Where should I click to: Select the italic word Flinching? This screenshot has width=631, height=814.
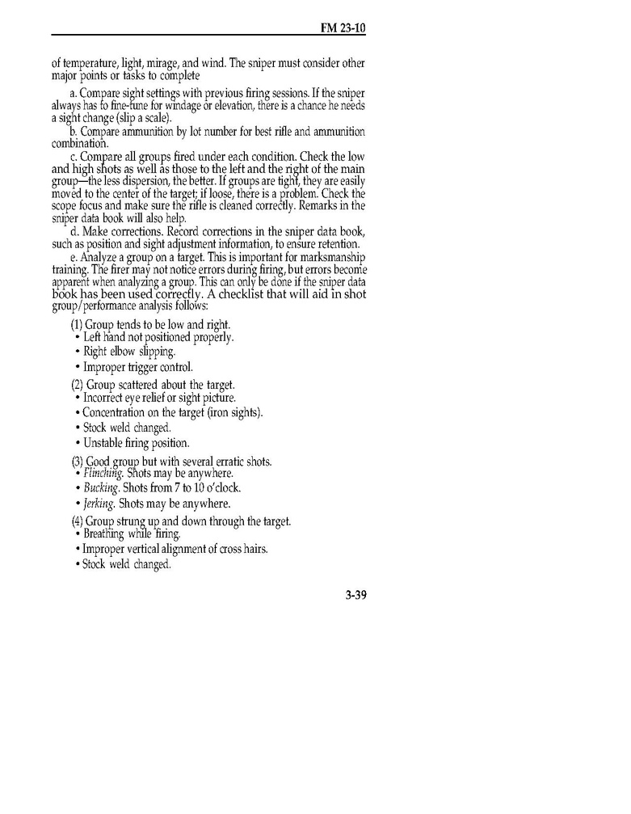[104, 473]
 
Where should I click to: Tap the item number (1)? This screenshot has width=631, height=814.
[78, 324]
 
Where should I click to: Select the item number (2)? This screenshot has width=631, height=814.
[78, 384]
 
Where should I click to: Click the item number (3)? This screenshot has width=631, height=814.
[78, 461]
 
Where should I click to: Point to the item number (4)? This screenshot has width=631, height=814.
[78, 521]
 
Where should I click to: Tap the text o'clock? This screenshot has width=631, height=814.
[223, 488]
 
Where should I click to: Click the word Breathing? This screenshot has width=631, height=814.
[108, 534]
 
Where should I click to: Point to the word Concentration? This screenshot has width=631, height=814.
[120, 413]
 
